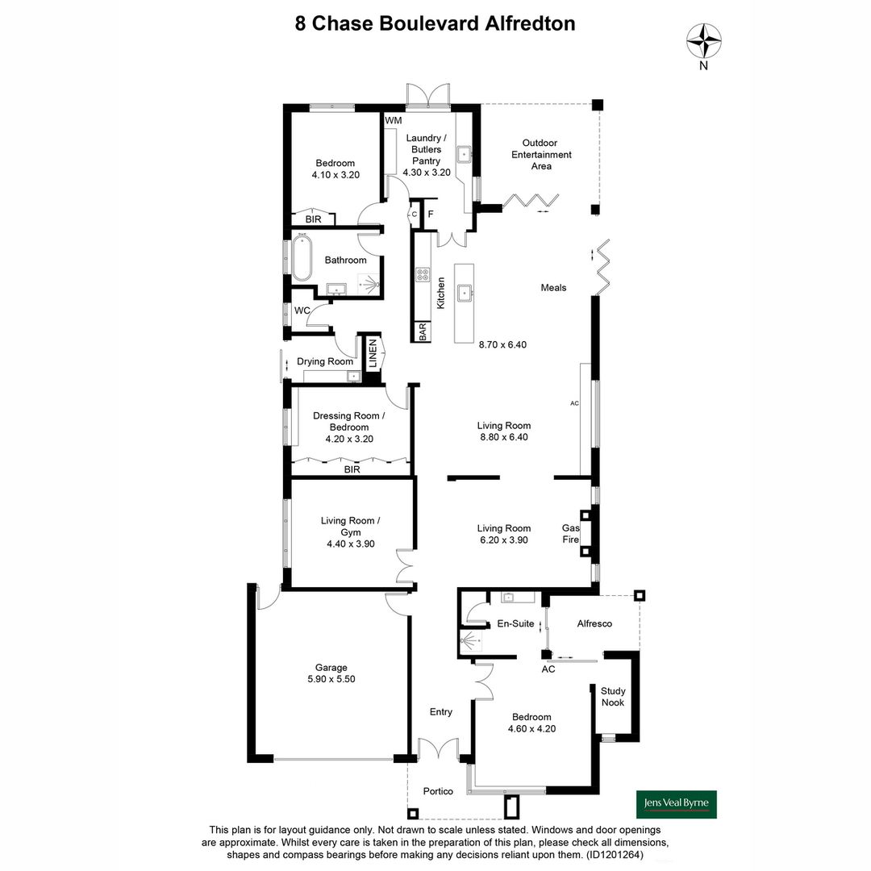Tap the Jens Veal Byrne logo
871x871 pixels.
coord(676,803)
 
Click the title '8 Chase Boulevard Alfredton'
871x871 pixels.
coord(435,23)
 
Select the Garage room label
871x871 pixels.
coord(331,667)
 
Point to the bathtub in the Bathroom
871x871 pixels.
coord(302,257)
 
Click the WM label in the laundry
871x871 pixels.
coord(393,121)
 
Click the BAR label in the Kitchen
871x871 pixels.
coord(422,331)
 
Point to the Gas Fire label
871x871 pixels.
coord(571,534)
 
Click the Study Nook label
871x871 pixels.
coord(613,697)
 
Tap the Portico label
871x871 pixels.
coord(438,791)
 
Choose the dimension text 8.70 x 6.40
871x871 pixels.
coord(502,344)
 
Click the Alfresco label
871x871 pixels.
coord(594,623)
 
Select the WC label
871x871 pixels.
coord(302,310)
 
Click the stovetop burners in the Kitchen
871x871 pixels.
coord(423,274)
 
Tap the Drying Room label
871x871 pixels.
coord(324,361)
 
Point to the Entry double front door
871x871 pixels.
coord(438,748)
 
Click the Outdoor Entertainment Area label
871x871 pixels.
coord(540,154)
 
